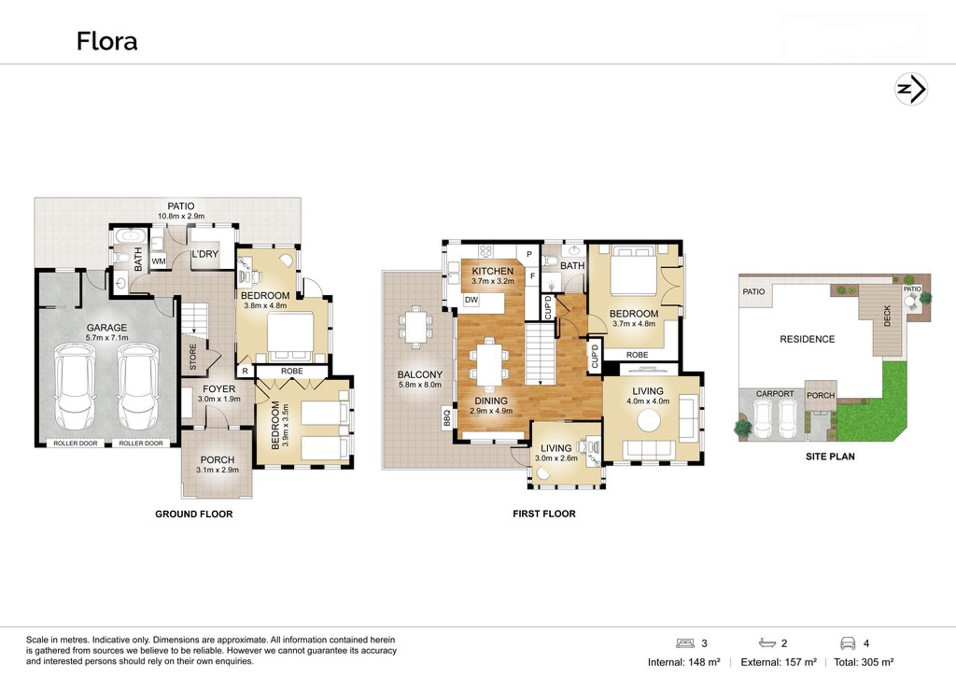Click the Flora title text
[x=107, y=41]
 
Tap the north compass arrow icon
[x=911, y=89]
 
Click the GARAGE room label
[x=107, y=328]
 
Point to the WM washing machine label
[x=158, y=261]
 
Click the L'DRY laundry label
[x=205, y=254]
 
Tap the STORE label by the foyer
[x=193, y=356]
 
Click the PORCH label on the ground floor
[x=217, y=460]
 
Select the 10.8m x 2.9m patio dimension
[x=181, y=216]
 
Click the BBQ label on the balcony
[x=447, y=417]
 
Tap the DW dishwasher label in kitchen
[x=471, y=300]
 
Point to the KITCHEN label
[x=492, y=271]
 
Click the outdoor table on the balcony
[x=415, y=325]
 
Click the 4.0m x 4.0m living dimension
[x=648, y=401]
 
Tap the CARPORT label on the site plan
[x=775, y=394]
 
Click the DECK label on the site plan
[x=887, y=316]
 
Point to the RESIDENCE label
[x=807, y=339]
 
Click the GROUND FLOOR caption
[x=194, y=514]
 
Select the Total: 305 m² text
[x=864, y=662]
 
